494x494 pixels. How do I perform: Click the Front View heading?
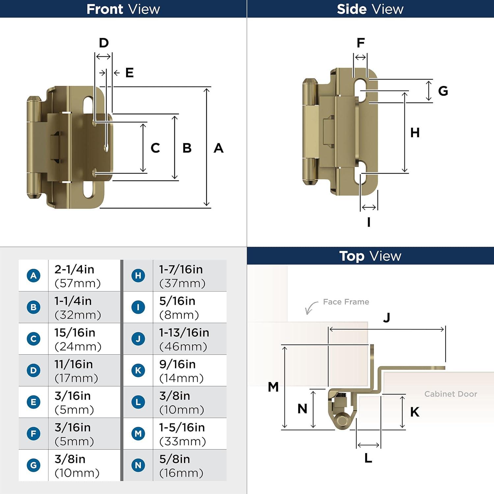tap(123, 9)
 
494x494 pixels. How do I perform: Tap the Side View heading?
tap(370, 9)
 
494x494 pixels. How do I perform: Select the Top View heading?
tap(370, 256)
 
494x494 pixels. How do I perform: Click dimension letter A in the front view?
tap(218, 148)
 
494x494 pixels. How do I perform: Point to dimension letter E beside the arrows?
tap(129, 73)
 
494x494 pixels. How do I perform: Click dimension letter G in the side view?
tap(443, 91)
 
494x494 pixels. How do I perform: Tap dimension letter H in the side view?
tap(415, 133)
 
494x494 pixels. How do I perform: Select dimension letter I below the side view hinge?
tap(369, 222)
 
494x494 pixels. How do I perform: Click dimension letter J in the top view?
tap(387, 317)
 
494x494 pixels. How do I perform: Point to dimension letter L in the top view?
tap(368, 458)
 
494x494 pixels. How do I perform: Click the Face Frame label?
tap(346, 302)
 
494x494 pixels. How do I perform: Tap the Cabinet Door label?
tap(451, 394)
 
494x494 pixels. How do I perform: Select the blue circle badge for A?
tap(34, 275)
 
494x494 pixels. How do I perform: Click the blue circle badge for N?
tap(138, 465)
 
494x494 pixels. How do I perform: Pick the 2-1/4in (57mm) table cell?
tap(84, 276)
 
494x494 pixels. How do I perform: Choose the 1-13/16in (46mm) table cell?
tap(189, 339)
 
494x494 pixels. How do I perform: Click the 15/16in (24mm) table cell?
tap(84, 339)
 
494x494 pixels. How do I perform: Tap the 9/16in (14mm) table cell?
tap(189, 370)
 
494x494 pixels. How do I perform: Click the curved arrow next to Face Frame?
tap(310, 308)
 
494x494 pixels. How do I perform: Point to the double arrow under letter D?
tap(103, 57)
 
